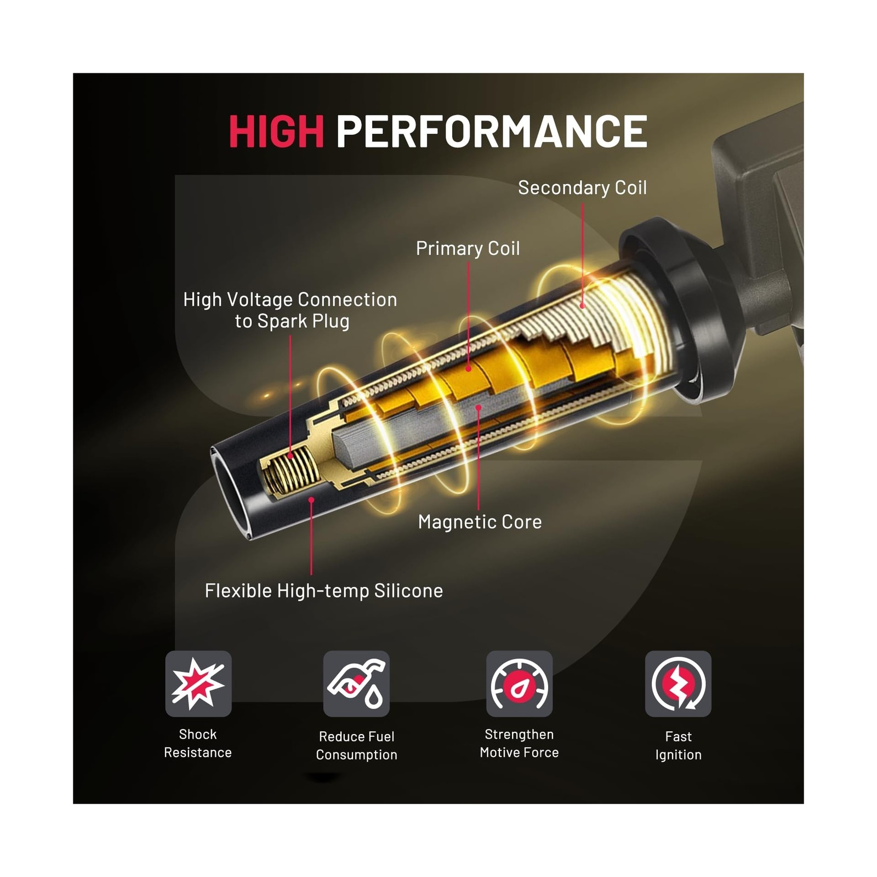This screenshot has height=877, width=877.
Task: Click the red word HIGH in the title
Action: pyautogui.click(x=277, y=131)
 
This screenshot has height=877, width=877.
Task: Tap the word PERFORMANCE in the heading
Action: pyautogui.click(x=492, y=131)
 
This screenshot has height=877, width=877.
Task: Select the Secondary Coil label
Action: pyautogui.click(x=582, y=188)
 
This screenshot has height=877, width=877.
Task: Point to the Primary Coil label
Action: pyautogui.click(x=468, y=248)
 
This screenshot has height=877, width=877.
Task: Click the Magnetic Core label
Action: pyautogui.click(x=480, y=522)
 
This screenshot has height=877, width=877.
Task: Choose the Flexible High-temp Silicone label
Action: pyautogui.click(x=323, y=591)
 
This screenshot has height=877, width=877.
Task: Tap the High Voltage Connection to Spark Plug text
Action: pyautogui.click(x=290, y=310)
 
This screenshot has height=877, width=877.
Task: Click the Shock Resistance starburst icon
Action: pyautogui.click(x=198, y=684)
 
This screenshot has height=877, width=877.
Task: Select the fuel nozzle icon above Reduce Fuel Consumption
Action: pyautogui.click(x=356, y=684)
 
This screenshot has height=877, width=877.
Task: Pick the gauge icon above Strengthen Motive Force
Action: pyautogui.click(x=519, y=684)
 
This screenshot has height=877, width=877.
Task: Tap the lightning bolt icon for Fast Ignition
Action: pyautogui.click(x=678, y=684)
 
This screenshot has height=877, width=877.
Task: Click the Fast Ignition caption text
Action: pyautogui.click(x=678, y=745)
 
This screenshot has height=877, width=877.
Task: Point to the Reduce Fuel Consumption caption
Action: pyautogui.click(x=356, y=745)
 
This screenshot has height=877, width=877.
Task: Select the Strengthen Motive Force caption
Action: pyautogui.click(x=519, y=743)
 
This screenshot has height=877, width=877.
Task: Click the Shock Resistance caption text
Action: pyautogui.click(x=198, y=743)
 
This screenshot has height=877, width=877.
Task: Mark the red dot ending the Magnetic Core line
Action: pyautogui.click(x=479, y=408)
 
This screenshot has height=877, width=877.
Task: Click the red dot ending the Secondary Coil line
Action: pyautogui.click(x=582, y=306)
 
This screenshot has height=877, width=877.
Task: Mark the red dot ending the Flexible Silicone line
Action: pyautogui.click(x=311, y=500)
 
